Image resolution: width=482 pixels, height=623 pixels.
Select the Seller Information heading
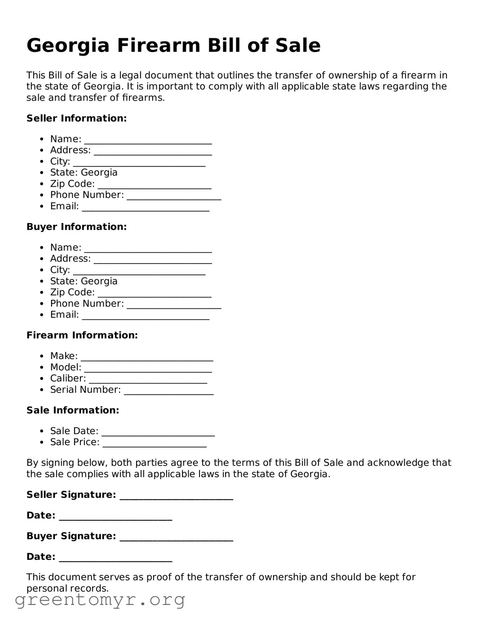pyautogui.click(x=76, y=118)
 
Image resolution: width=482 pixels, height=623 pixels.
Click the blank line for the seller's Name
pyautogui.click(x=148, y=140)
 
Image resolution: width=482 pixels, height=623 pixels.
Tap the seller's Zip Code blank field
pyautogui.click(x=154, y=184)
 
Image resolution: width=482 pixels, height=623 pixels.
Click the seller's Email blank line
pyautogui.click(x=146, y=207)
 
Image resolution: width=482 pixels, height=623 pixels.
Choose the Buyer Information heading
pyautogui.click(x=76, y=227)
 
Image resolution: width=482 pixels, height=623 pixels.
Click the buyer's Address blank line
pyautogui.click(x=153, y=259)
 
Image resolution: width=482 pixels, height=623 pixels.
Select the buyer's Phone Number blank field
pyautogui.click(x=174, y=304)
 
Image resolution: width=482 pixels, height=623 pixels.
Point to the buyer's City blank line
pyautogui.click(x=139, y=271)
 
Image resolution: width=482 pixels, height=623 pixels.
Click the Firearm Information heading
pyautogui.click(x=82, y=335)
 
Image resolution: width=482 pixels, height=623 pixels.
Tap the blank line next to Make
pyautogui.click(x=146, y=357)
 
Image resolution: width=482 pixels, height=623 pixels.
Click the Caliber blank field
pyautogui.click(x=148, y=379)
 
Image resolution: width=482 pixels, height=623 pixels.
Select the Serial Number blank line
pyautogui.click(x=168, y=390)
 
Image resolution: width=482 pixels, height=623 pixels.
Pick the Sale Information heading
pyautogui.click(x=73, y=410)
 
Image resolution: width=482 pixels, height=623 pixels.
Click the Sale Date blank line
pyautogui.click(x=158, y=432)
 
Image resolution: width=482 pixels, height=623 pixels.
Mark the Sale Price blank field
pyautogui.click(x=155, y=443)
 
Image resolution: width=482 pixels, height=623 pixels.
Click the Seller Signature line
pyautogui.click(x=176, y=496)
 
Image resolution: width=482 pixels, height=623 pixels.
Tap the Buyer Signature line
pyautogui.click(x=176, y=537)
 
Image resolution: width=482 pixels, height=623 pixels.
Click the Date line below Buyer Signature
pyautogui.click(x=115, y=557)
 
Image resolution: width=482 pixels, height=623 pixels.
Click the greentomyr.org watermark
pyautogui.click(x=100, y=600)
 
